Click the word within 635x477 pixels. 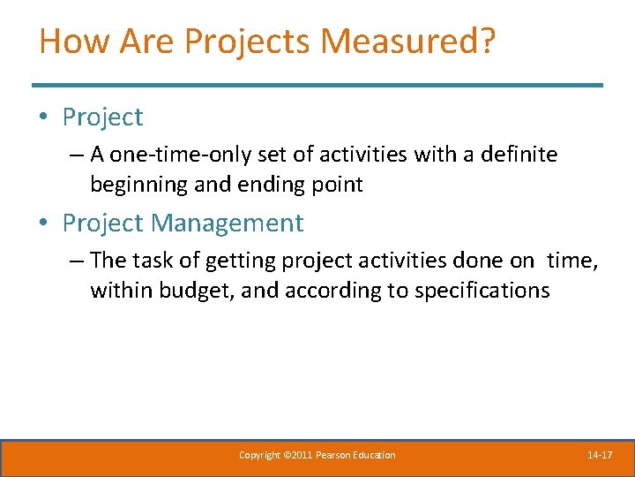(x=121, y=290)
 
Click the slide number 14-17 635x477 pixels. (x=600, y=455)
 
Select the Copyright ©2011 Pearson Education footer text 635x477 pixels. (x=317, y=455)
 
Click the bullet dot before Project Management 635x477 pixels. (x=45, y=223)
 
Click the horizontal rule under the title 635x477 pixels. (x=317, y=85)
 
